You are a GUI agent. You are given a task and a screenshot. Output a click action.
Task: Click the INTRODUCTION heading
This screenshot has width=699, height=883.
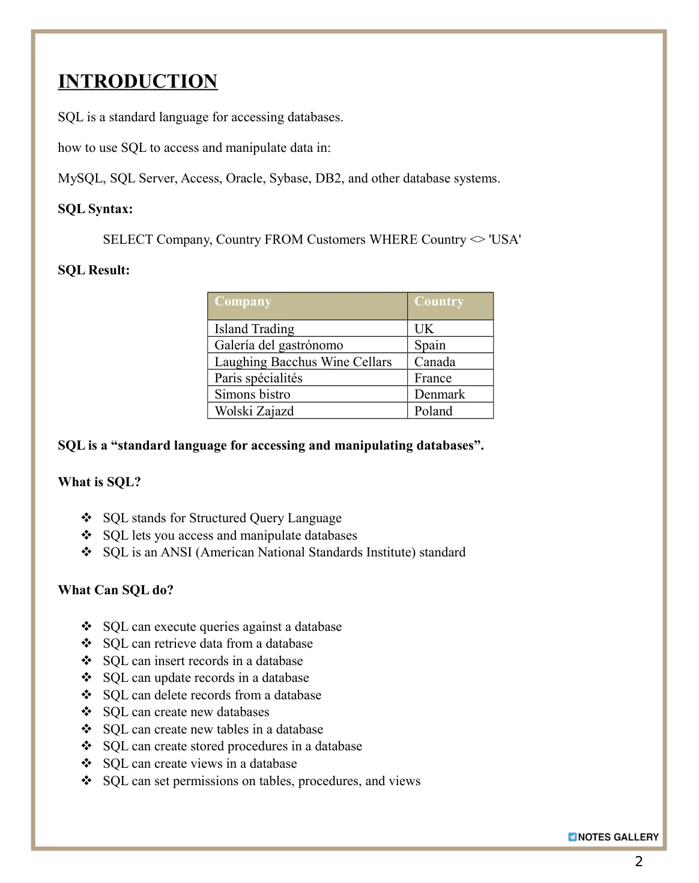(138, 82)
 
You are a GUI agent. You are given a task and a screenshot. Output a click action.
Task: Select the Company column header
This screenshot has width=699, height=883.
(243, 301)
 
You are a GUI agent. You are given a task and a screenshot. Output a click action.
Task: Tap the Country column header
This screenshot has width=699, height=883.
(439, 301)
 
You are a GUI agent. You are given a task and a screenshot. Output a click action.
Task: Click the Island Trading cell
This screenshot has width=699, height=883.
(255, 329)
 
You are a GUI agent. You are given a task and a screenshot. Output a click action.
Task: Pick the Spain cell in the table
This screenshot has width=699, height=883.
(430, 345)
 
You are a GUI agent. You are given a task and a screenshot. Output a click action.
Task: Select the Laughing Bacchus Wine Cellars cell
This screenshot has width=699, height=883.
(303, 362)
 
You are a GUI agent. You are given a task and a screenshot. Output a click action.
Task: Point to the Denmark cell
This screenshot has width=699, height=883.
(440, 394)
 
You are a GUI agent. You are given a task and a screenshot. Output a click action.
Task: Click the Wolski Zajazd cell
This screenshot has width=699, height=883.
(254, 411)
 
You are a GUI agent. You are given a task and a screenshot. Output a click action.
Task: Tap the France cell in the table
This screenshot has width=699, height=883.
(433, 378)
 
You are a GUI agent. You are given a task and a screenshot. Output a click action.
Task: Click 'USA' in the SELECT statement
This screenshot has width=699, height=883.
(504, 240)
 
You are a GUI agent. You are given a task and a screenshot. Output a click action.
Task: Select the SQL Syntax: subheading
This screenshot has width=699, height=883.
(95, 209)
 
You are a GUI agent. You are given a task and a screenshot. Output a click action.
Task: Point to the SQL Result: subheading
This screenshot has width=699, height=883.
(94, 270)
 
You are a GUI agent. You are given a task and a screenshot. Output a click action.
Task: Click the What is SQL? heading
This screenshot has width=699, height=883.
(99, 482)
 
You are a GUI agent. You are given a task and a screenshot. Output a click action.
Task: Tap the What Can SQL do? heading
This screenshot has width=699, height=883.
(115, 590)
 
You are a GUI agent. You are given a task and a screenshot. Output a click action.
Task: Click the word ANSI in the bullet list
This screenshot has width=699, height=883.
(177, 552)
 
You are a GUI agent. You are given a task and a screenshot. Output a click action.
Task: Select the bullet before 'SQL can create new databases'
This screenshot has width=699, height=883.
(87, 712)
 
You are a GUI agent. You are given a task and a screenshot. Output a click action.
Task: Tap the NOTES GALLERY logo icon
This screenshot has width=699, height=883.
(572, 837)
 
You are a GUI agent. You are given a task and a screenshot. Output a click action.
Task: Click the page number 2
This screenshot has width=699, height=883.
(639, 861)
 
